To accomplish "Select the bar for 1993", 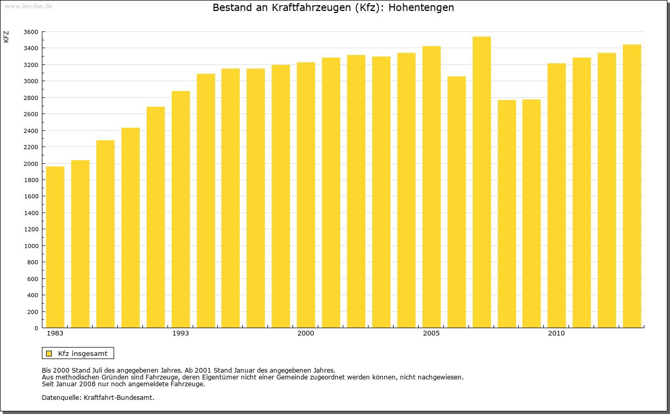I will tap(181, 209).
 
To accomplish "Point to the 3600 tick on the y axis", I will tap(31, 32).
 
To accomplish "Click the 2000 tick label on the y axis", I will tap(31, 164).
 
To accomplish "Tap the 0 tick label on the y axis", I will tap(36, 328).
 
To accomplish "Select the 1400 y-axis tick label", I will tap(31, 213).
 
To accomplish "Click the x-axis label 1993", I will tap(181, 333).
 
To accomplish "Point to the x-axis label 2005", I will tap(431, 333).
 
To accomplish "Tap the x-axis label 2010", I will tap(556, 333).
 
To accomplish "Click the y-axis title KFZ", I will tap(6, 37).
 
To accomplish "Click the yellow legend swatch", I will tap(49, 353).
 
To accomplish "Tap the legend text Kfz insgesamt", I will tap(83, 353).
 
